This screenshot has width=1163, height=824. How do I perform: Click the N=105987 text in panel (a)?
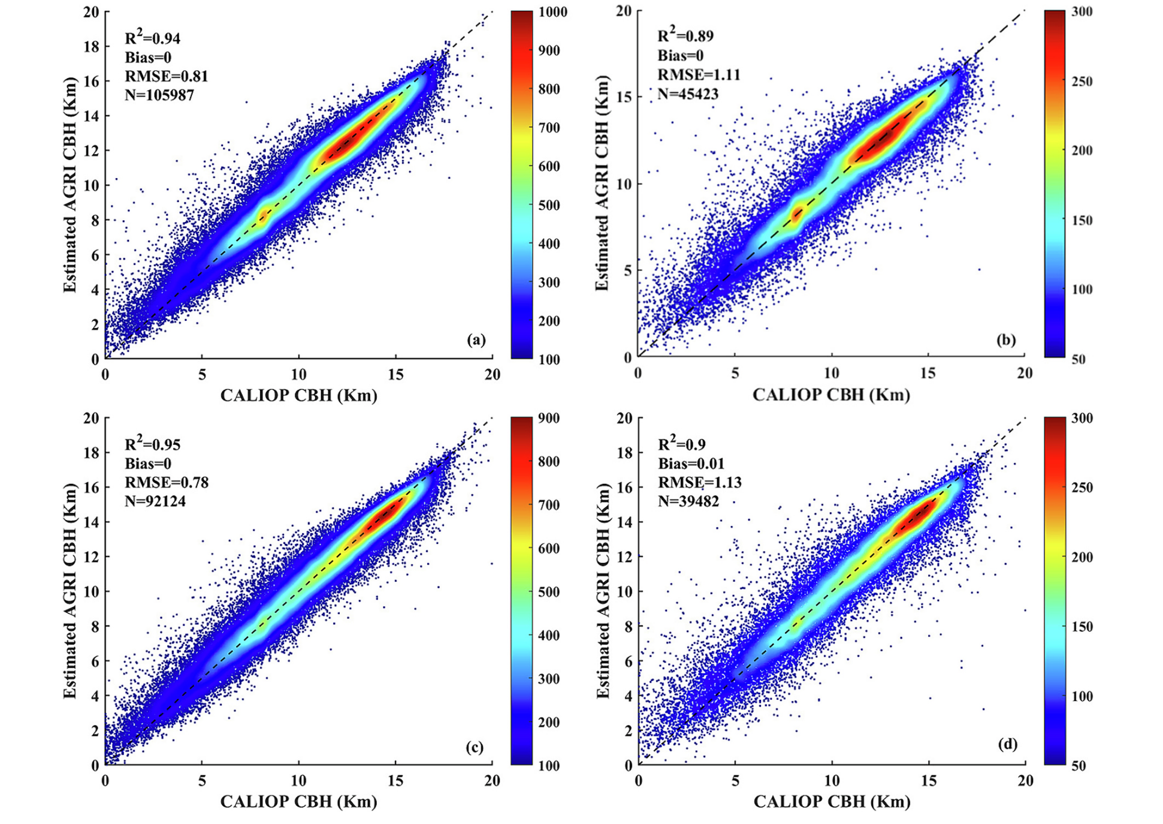point(159,95)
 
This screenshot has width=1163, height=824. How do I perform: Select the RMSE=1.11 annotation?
point(699,75)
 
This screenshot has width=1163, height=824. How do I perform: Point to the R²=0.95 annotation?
point(152,444)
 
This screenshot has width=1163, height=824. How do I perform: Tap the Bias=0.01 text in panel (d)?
point(691,464)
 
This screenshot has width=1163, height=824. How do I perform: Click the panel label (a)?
point(476,340)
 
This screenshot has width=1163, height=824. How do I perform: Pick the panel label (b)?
point(1006,340)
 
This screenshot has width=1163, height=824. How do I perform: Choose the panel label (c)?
point(475,747)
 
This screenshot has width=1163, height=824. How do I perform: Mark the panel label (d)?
point(1007,744)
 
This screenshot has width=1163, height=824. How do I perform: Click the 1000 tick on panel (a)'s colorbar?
point(553,12)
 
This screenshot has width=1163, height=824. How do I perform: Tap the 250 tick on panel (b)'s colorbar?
point(1082,82)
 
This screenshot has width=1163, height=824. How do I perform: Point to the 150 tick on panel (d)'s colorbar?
point(1082,627)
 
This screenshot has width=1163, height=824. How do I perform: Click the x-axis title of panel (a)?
point(298,395)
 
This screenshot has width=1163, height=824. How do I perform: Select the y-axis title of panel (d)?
point(603,591)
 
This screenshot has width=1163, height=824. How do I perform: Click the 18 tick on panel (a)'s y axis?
point(92,46)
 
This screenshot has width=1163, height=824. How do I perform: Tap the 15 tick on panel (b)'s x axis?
point(928,373)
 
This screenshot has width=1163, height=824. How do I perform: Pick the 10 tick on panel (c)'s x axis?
point(298,780)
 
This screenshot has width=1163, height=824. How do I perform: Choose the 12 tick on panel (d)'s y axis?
point(624,557)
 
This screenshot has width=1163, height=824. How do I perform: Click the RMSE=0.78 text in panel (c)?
point(167,482)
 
